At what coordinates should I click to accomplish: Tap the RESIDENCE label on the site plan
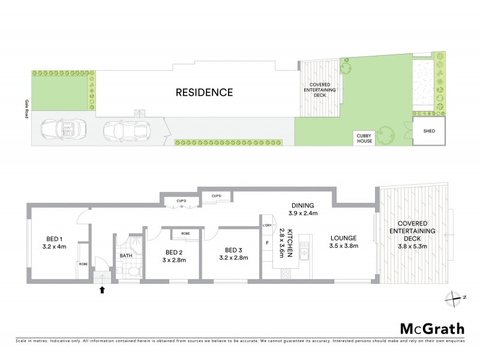click(203, 92)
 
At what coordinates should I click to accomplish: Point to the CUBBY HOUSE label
click(365, 139)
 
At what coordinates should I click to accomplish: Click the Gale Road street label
click(26, 109)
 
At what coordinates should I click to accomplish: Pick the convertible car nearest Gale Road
click(64, 128)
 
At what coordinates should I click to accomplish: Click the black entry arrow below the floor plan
click(102, 290)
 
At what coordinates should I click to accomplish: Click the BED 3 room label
click(235, 250)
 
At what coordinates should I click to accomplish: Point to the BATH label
click(125, 256)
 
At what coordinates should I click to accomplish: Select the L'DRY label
click(268, 226)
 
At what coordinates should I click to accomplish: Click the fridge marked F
click(267, 242)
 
